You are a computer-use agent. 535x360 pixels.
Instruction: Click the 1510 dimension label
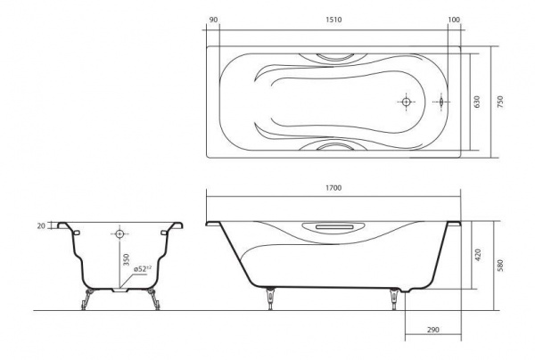[x=333, y=20]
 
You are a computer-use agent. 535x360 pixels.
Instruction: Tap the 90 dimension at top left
[x=213, y=20]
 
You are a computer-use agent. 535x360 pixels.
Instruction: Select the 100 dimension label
[x=454, y=20]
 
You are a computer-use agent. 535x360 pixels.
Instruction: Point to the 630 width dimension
[x=477, y=102]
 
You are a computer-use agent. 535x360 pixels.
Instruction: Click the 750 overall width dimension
[x=500, y=102]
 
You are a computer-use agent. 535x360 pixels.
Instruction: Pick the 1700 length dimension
[x=333, y=188]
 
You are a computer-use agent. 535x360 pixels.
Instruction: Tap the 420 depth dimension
[x=477, y=255]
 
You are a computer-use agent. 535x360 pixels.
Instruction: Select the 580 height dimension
[x=500, y=266]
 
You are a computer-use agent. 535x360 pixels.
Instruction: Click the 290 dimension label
[x=433, y=330]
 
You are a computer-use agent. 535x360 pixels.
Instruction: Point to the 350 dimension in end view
[x=126, y=260]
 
